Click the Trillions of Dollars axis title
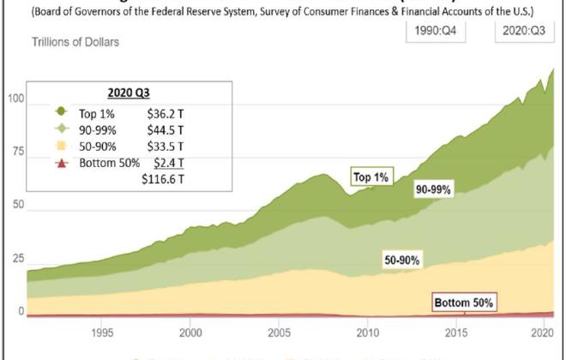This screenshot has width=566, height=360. (x=75, y=42)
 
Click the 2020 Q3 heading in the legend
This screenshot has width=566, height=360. (x=128, y=95)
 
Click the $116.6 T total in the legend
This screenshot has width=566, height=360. (x=163, y=180)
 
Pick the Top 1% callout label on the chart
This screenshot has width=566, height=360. (x=371, y=177)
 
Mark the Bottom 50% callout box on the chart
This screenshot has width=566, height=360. (x=464, y=303)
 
